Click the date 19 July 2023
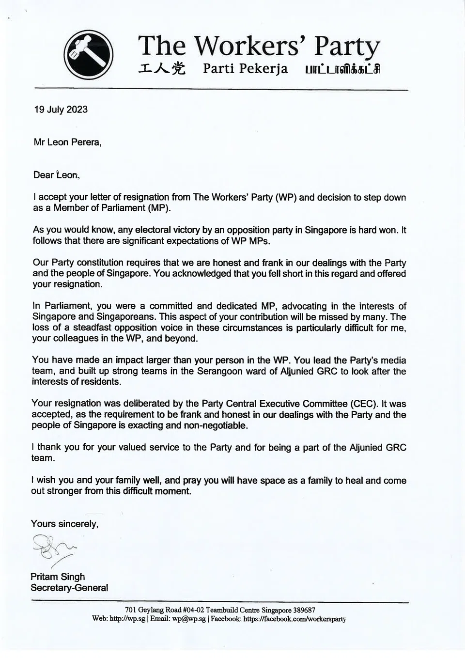click(x=61, y=109)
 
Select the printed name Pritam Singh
click(x=58, y=577)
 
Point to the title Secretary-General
click(x=69, y=588)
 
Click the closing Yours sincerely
click(x=64, y=524)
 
